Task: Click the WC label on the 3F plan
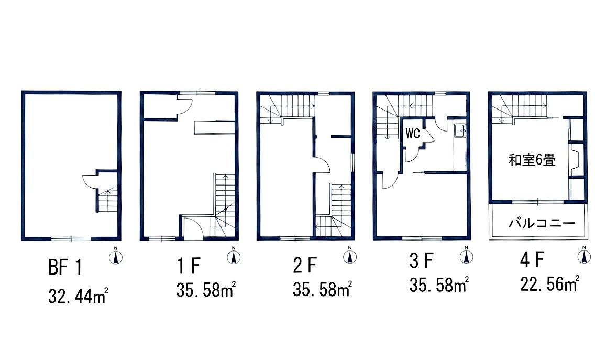pyautogui.click(x=413, y=133)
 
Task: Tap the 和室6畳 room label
pyautogui.click(x=532, y=160)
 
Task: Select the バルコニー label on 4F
pyautogui.click(x=542, y=223)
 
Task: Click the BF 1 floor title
pyautogui.click(x=65, y=267)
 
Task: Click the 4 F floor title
pyautogui.click(x=532, y=259)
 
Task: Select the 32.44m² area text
pyautogui.click(x=78, y=296)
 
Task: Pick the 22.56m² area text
pyautogui.click(x=549, y=283)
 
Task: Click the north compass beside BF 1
pyautogui.click(x=116, y=256)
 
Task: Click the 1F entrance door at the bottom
pyautogui.click(x=193, y=228)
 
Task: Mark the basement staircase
pyautogui.click(x=107, y=200)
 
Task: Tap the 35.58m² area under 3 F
pyautogui.click(x=439, y=285)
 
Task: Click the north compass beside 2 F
pyautogui.click(x=349, y=255)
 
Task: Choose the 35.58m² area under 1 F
pyautogui.click(x=206, y=290)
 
